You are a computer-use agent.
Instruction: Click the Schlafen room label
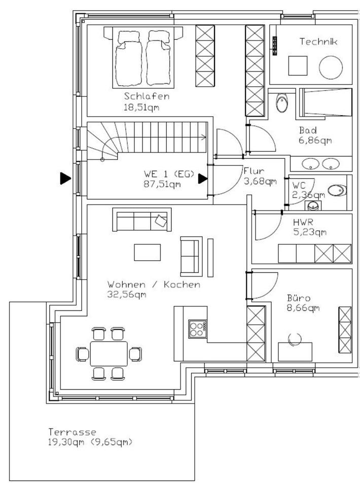[x=147, y=96]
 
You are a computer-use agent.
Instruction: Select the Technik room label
[x=318, y=42]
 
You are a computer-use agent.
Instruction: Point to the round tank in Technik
[x=332, y=66]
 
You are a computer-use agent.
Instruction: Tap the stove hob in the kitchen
[x=198, y=328]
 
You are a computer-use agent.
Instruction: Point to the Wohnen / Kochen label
[x=154, y=285]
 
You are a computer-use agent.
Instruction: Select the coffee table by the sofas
[x=147, y=252]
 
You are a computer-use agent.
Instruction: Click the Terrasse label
[x=73, y=432]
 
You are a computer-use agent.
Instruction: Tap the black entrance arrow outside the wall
[x=64, y=178]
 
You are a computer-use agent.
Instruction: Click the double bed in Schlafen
[x=145, y=58]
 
